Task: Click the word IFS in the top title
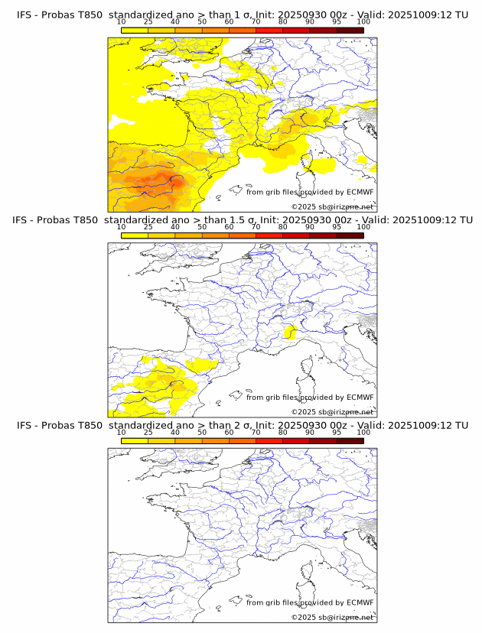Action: click(24, 15)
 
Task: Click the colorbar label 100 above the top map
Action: click(363, 21)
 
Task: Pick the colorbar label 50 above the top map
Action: click(202, 21)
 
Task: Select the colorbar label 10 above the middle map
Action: click(122, 227)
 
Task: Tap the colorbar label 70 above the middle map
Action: click(256, 227)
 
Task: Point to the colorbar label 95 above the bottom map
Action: click(337, 432)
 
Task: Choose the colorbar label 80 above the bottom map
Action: click(282, 432)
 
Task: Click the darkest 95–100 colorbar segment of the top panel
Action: click(350, 30)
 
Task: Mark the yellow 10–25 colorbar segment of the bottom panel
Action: click(135, 440)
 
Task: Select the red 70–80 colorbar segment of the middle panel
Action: click(269, 235)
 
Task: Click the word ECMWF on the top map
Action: click(360, 192)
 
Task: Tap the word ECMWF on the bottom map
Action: click(360, 602)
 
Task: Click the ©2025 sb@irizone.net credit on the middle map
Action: click(332, 412)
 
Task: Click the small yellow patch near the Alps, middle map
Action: click(290, 332)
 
